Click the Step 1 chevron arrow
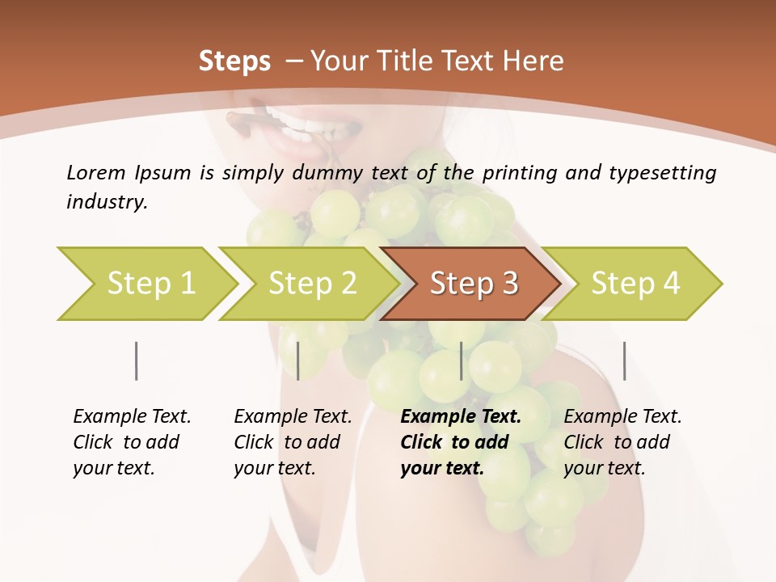(150, 283)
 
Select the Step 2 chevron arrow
(311, 283)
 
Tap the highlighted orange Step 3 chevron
(473, 283)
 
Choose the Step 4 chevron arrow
(635, 283)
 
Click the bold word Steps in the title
(234, 61)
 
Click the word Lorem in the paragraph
(95, 172)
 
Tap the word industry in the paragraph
(107, 202)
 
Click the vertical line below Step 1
(136, 361)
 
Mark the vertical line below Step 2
(298, 361)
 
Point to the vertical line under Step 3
(462, 361)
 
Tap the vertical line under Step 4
(624, 361)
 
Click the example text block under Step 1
(132, 442)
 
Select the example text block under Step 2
(293, 442)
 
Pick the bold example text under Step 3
(460, 442)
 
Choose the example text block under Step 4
(622, 442)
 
